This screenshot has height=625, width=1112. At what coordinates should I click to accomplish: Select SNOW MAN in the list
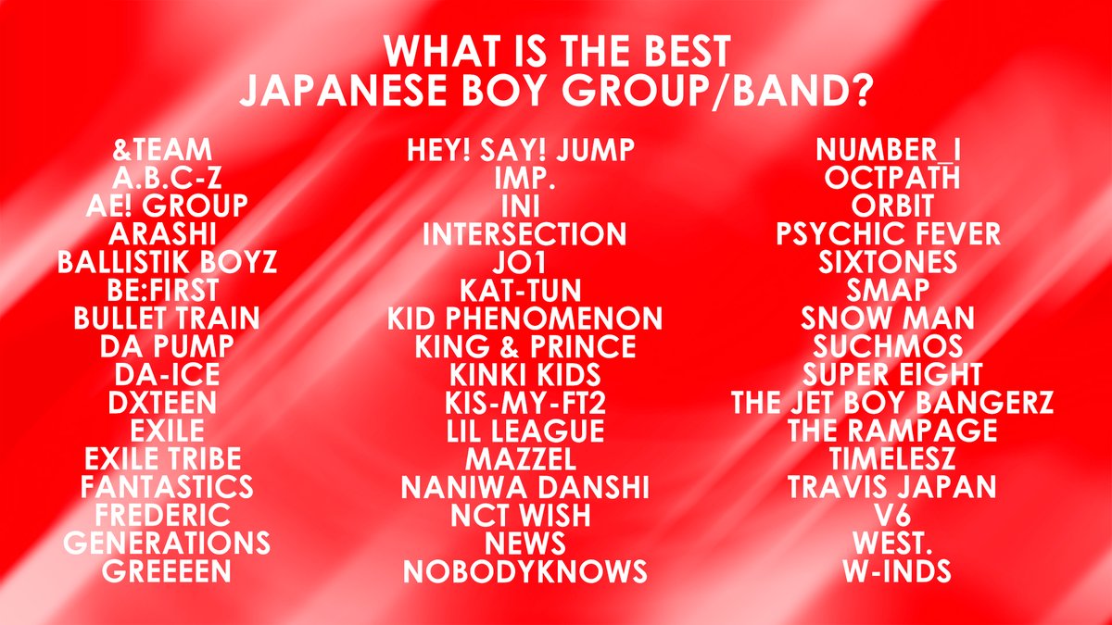tap(888, 319)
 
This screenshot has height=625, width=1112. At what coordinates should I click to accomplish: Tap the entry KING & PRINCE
tap(524, 347)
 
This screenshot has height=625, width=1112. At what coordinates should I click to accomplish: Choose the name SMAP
tap(888, 290)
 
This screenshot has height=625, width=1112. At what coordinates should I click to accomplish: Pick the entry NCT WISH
tap(524, 515)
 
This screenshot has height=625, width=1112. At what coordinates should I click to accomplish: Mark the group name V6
tap(888, 515)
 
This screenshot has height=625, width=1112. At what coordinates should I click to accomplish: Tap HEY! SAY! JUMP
tap(524, 149)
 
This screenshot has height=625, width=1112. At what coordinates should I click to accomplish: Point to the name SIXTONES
tap(888, 262)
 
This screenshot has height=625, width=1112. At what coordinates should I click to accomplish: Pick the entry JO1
tap(524, 262)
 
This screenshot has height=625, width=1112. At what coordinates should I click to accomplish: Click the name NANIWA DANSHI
tap(524, 487)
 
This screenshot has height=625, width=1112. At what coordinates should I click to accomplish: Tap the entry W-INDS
tap(888, 571)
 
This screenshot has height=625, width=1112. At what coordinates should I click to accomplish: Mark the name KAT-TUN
tap(524, 290)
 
